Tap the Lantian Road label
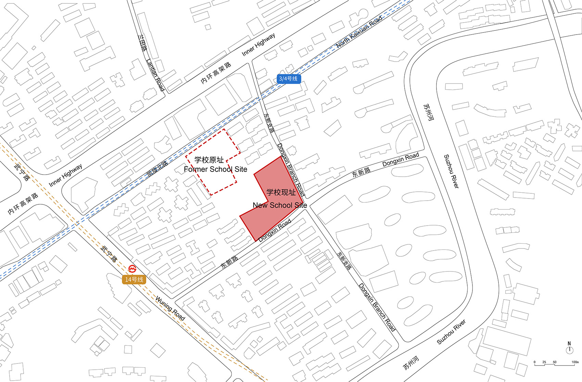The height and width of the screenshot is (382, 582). click(x=155, y=75)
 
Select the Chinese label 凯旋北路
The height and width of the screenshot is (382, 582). click(x=157, y=168)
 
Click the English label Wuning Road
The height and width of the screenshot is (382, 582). click(x=170, y=308)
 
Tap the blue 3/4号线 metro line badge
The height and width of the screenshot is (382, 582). click(x=288, y=79)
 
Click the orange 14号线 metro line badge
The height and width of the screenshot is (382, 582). click(x=134, y=280)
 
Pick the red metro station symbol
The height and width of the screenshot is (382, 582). click(x=132, y=269)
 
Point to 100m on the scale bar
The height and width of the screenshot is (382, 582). click(x=575, y=362)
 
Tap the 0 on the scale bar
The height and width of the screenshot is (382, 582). click(x=534, y=362)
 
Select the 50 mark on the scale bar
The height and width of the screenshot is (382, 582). click(x=555, y=362)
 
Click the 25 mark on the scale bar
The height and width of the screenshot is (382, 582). click(x=544, y=362)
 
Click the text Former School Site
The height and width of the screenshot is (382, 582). click(x=215, y=169)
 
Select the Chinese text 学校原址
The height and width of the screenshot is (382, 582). click(x=209, y=160)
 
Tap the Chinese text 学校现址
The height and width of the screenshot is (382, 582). click(x=281, y=192)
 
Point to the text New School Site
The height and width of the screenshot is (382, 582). click(x=280, y=205)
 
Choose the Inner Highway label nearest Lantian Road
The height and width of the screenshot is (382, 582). click(x=258, y=44)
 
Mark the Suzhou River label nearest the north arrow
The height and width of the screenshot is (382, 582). click(x=451, y=332)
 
